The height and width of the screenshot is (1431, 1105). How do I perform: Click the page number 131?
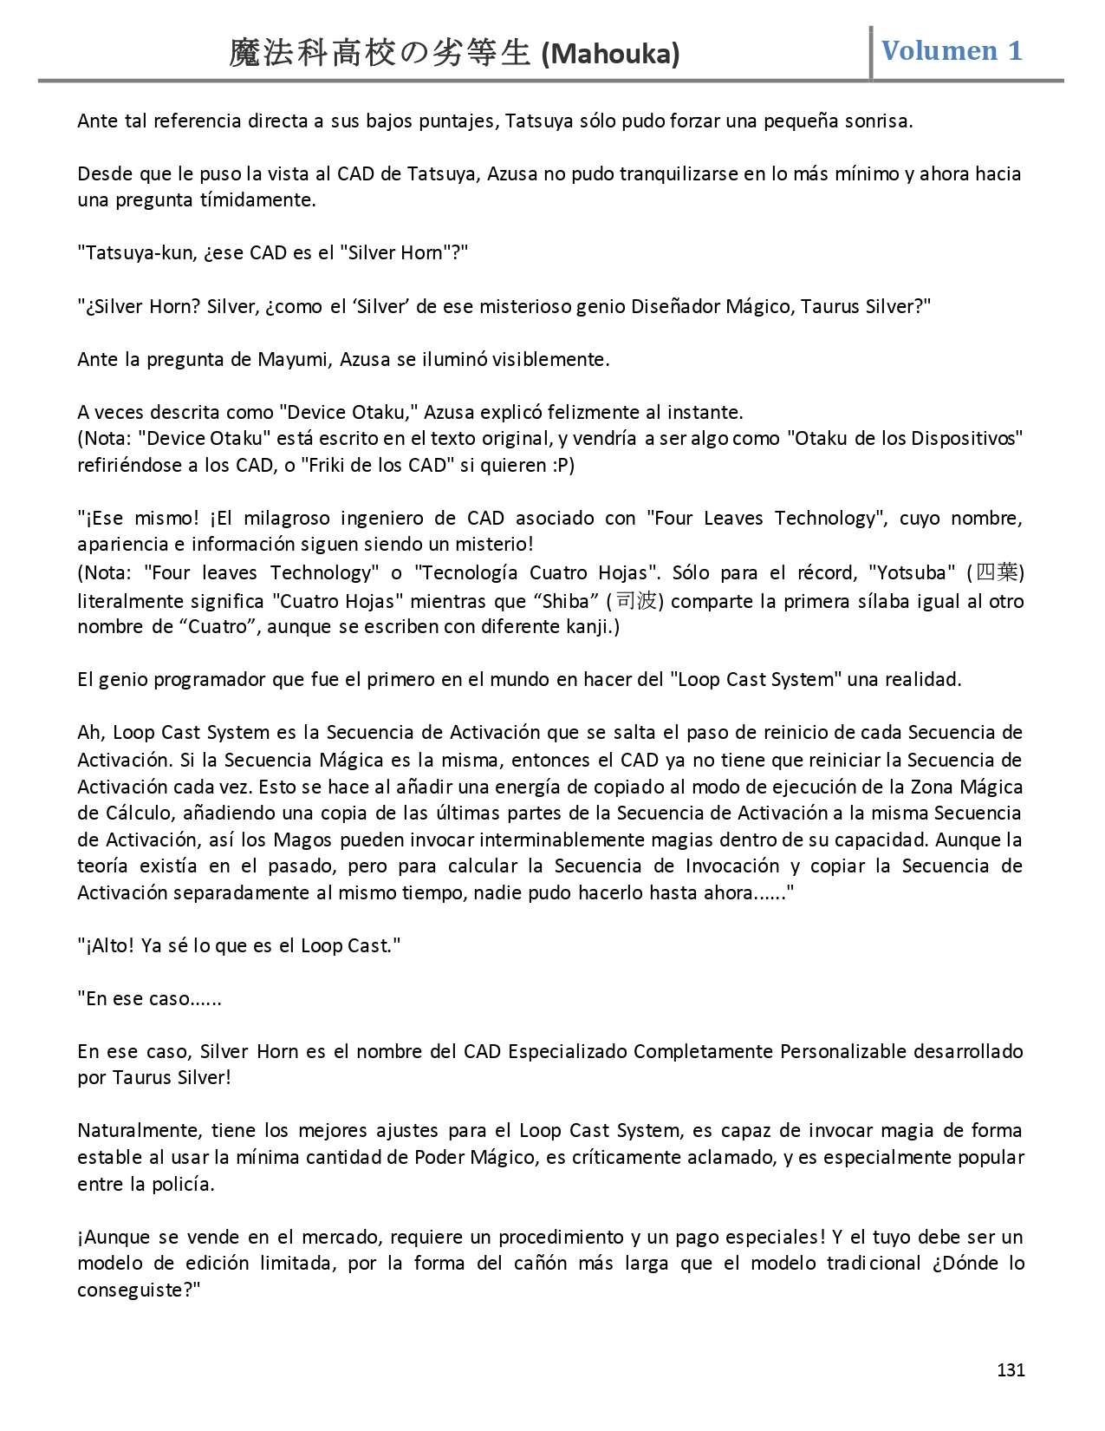click(x=1011, y=1369)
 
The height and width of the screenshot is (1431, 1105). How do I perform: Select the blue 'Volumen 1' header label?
click(x=952, y=50)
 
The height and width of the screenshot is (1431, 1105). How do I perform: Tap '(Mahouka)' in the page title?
click(x=610, y=55)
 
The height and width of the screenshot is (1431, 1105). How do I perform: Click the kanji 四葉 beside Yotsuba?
click(x=996, y=572)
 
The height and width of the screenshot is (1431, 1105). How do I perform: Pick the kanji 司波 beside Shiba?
click(x=635, y=600)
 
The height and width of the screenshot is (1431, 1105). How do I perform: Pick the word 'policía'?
click(x=183, y=1184)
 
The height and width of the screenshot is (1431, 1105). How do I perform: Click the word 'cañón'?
click(x=543, y=1263)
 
